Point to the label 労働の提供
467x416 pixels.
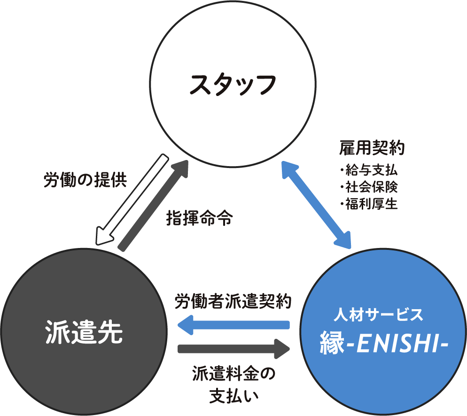pos(85,181)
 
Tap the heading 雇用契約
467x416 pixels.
pos(372,149)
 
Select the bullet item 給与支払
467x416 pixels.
pos(371,169)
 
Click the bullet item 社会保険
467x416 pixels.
pos(371,187)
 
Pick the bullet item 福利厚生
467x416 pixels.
pos(371,204)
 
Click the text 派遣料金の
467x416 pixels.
pos(233,375)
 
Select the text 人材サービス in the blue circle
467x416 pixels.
pos(379,314)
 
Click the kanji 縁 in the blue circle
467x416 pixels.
pos(332,343)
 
